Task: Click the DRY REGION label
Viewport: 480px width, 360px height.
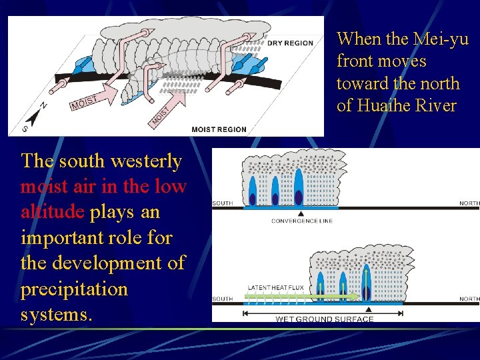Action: pos(290,43)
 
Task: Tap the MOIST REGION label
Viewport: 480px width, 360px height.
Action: pos(219,129)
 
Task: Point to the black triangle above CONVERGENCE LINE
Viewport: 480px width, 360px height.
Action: pos(300,213)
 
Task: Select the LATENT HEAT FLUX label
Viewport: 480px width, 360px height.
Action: pos(275,288)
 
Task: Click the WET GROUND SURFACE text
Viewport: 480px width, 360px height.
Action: pos(325,319)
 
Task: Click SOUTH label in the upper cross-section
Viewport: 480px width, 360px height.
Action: pos(223,203)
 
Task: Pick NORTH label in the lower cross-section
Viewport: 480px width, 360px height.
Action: pos(469,299)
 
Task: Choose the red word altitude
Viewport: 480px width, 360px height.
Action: pos(53,212)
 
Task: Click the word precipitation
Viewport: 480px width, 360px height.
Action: pos(74,289)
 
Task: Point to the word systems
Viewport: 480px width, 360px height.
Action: pos(57,314)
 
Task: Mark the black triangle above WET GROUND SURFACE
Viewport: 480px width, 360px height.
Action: pos(368,309)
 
